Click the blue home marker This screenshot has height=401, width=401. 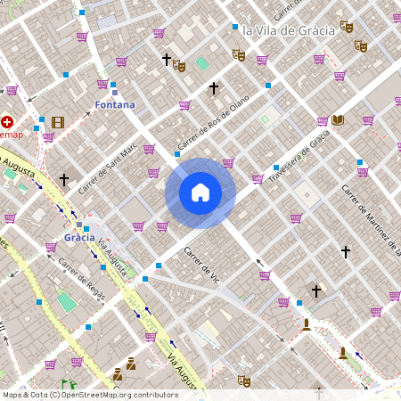[200, 192]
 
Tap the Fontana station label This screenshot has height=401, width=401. [115, 105]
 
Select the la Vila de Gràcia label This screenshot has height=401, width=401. [288, 29]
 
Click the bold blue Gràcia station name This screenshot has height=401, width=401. [79, 239]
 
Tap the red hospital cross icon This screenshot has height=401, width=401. [8, 121]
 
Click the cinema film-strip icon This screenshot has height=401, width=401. [58, 122]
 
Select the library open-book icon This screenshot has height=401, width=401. [337, 119]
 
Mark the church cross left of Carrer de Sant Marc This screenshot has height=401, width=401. [64, 179]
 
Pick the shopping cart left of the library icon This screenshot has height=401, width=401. [323, 120]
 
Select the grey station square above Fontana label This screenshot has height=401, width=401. [115, 93]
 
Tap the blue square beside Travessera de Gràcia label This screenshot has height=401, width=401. [277, 168]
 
